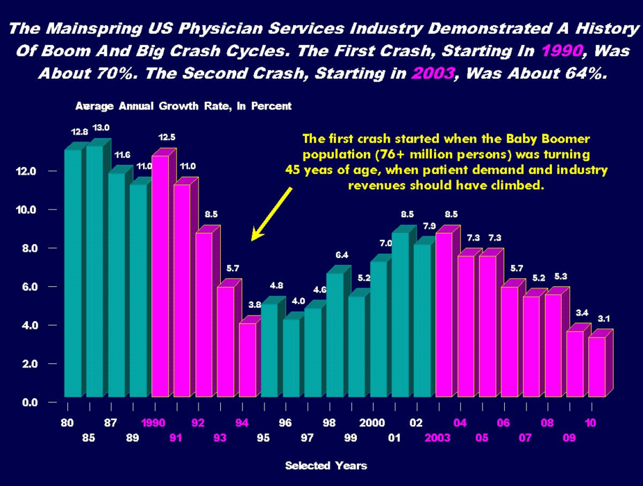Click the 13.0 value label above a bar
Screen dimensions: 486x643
point(101,128)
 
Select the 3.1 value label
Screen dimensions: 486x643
point(603,318)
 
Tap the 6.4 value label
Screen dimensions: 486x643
point(342,255)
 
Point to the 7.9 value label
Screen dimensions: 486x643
point(429,226)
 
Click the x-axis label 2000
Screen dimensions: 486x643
point(371,422)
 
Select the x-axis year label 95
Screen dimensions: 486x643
point(263,438)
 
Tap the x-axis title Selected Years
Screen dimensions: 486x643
point(326,466)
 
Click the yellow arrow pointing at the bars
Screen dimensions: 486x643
point(271,216)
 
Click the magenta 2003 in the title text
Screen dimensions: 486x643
point(431,73)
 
